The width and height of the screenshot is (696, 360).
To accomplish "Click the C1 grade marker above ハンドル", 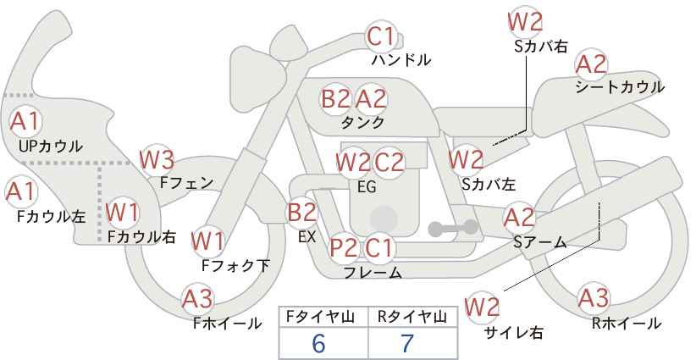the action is [x=381, y=36].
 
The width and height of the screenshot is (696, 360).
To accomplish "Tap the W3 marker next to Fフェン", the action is [x=157, y=160].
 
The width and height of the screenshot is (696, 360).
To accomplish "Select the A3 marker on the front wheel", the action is [x=197, y=299].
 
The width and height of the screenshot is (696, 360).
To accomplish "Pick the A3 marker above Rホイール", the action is [x=594, y=298].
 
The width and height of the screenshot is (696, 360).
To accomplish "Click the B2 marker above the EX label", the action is [x=302, y=212].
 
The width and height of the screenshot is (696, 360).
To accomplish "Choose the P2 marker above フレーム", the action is [x=344, y=247].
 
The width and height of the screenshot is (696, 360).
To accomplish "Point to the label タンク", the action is [x=362, y=123].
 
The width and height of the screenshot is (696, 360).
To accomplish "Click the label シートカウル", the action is [x=620, y=87].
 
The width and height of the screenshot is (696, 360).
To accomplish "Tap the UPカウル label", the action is [x=51, y=146].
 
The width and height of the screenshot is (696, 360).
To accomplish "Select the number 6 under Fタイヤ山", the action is [x=318, y=343].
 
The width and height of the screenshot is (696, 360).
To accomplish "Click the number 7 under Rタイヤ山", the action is [x=407, y=343].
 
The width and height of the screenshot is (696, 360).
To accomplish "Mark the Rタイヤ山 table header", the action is [x=412, y=317].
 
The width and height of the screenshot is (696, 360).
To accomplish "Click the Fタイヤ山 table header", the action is [x=320, y=317].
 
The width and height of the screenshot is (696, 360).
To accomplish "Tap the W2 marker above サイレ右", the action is [x=482, y=307].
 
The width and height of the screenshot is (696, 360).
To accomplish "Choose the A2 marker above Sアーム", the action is [x=519, y=218].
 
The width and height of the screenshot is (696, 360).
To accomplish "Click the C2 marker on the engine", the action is [x=389, y=162].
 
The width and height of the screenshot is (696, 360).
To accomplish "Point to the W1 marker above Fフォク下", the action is [x=207, y=241].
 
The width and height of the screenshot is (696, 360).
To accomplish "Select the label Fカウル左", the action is [x=51, y=216].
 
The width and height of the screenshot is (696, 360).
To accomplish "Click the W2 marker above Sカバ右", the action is [x=525, y=22].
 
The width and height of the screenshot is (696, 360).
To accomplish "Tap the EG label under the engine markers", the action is [x=367, y=187].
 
